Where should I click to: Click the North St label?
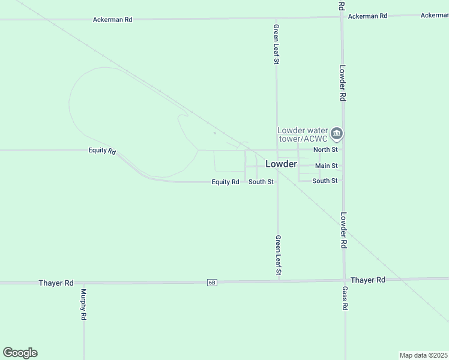point(325,149)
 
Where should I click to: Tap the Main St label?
point(326,166)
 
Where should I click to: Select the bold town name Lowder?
point(281,164)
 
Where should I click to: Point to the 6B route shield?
point(212,283)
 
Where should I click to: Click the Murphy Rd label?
point(83,305)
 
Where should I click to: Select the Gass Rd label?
point(345,298)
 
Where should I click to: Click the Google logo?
point(20,353)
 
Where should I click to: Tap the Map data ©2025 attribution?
point(423,355)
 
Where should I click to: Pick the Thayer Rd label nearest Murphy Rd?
point(56,283)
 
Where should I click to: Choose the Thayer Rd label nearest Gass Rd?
point(367,280)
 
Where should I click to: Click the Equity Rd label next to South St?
point(226,182)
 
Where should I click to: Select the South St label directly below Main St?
point(325,181)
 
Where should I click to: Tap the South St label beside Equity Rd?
point(261,182)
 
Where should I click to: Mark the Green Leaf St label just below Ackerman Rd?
point(277,44)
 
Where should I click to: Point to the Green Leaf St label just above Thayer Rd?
point(278,256)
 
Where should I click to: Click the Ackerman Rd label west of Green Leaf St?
point(112,20)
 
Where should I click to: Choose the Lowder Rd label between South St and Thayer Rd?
point(344,231)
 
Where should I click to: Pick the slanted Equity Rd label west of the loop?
point(101,151)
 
